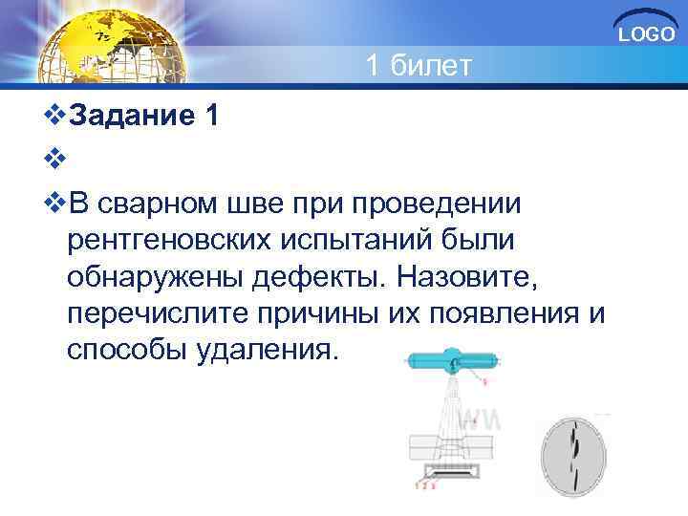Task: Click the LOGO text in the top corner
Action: (647, 34)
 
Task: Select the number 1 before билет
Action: (376, 66)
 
